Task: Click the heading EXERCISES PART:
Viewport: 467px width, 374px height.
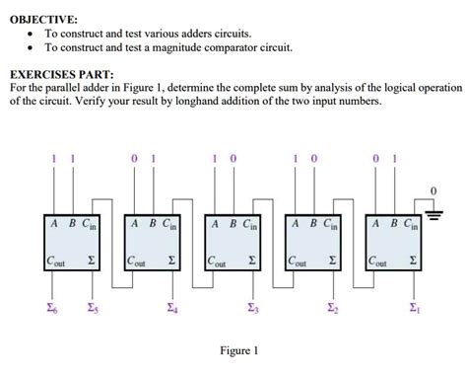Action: click(x=61, y=74)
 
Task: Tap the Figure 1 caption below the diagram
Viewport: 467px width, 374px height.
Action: click(x=240, y=350)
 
